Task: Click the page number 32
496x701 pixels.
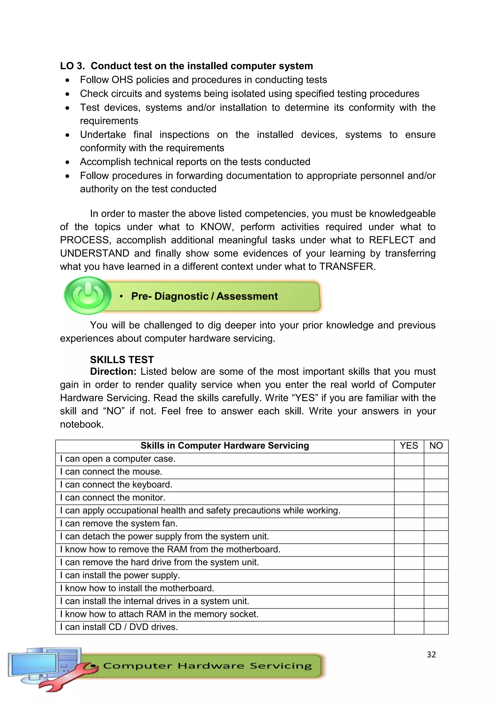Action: [431, 655]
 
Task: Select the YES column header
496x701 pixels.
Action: [409, 446]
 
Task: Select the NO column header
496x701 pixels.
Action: [436, 446]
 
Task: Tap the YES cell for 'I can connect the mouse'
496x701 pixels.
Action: [409, 472]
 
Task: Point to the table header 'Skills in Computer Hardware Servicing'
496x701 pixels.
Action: [225, 446]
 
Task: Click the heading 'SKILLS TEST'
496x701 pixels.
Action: [122, 360]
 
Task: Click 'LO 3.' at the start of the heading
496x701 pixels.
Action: [72, 66]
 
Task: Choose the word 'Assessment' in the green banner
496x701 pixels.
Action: [247, 296]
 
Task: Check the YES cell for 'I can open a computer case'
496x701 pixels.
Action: [409, 459]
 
